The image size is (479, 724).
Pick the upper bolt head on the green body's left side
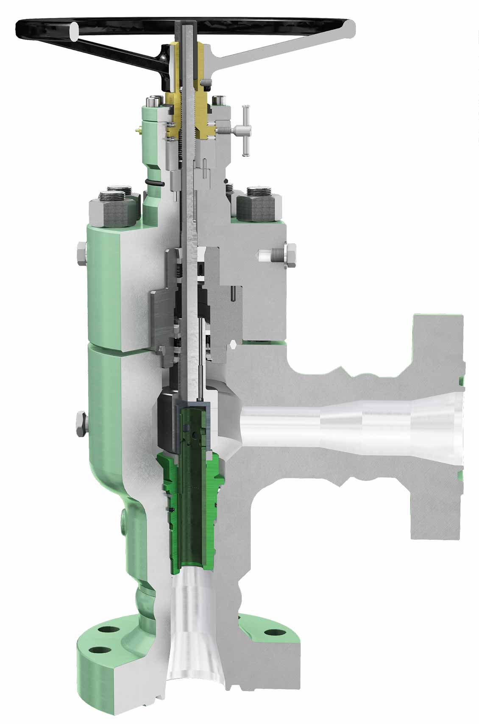point(81,254)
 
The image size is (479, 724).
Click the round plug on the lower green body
point(123,517)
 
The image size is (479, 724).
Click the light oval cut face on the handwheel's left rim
point(74,32)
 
